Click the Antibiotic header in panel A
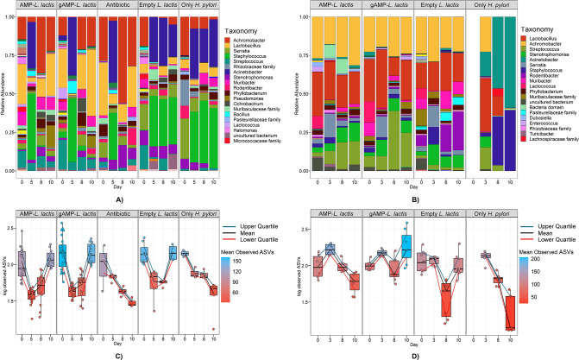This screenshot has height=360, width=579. tap(117, 5)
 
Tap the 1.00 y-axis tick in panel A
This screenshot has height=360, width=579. tap(9, 16)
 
